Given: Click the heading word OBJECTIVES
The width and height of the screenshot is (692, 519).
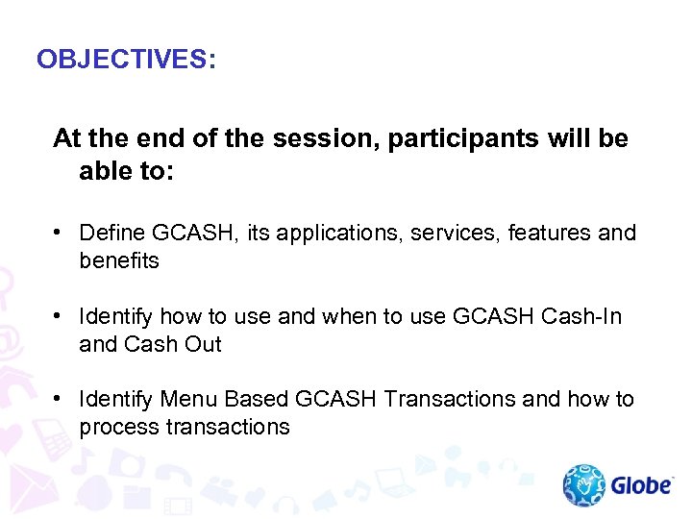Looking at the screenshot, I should [x=120, y=60].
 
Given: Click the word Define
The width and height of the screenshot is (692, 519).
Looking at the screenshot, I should [x=112, y=233].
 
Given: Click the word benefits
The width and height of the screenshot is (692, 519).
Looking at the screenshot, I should [x=119, y=260].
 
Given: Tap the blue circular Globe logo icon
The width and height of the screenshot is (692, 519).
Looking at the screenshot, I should [x=584, y=485].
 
